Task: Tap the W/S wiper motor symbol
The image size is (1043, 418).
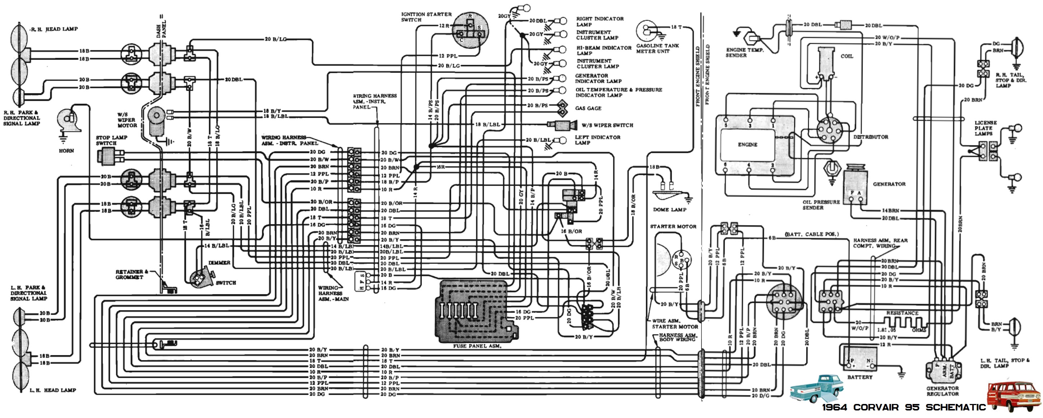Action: [156, 121]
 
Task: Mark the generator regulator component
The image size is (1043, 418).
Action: [942, 370]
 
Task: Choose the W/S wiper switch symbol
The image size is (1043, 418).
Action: [562, 125]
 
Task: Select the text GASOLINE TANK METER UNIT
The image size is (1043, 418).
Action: [657, 49]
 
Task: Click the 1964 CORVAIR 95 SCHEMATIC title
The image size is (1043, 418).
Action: [903, 408]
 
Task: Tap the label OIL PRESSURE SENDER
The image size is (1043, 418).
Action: [821, 205]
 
